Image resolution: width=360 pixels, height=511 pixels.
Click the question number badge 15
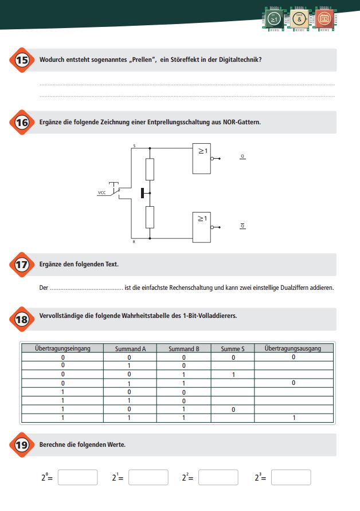[21, 60]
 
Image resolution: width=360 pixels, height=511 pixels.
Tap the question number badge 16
[21, 122]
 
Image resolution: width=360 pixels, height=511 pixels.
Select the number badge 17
[21, 265]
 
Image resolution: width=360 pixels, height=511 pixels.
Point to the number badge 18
[21, 320]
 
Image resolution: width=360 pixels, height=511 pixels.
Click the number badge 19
[21, 445]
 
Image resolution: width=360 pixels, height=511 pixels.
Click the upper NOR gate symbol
[204, 158]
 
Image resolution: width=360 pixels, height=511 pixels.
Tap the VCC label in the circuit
[101, 193]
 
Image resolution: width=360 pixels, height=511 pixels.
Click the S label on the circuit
[134, 146]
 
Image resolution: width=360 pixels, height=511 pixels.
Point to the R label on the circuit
[134, 242]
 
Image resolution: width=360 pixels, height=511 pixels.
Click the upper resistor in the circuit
[150, 169]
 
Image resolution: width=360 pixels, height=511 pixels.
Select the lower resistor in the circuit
[150, 217]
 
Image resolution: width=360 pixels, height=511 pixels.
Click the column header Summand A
[130, 348]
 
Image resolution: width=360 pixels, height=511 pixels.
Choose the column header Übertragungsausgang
[293, 348]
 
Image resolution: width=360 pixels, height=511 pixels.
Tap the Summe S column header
[232, 348]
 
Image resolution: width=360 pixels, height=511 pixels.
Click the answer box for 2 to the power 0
[77, 477]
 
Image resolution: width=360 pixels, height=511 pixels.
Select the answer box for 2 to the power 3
[291, 477]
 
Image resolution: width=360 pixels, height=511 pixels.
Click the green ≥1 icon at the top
[275, 18]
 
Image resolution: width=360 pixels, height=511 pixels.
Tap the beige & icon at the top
[299, 18]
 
